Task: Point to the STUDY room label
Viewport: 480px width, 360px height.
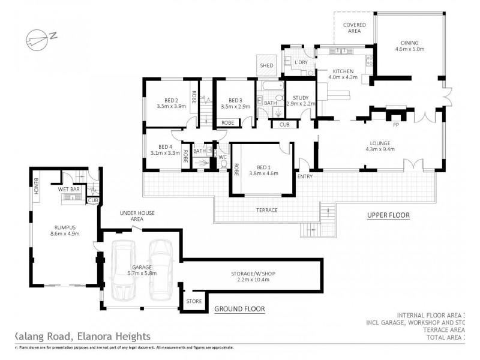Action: (x=301, y=98)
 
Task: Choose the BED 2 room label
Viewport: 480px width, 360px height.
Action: (x=172, y=100)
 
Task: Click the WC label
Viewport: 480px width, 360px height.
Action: (x=221, y=158)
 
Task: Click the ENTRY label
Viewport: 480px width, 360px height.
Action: (x=305, y=176)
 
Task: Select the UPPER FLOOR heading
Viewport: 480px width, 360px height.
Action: (x=388, y=214)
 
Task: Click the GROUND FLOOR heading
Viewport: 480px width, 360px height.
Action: (x=239, y=309)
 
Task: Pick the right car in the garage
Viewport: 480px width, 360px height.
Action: (x=160, y=269)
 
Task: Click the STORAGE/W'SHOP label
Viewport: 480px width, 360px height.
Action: (x=250, y=273)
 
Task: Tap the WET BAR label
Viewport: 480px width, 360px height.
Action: (x=69, y=189)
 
